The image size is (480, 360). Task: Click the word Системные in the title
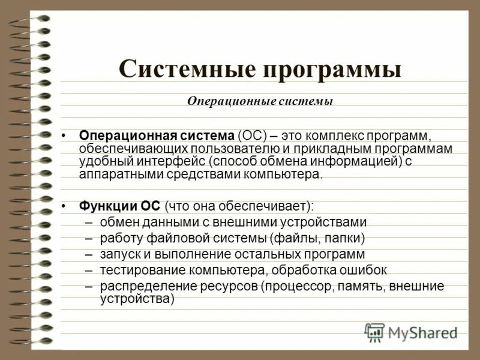click(186, 69)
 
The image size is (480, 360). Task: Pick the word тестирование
click(137, 270)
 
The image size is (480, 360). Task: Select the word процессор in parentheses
click(292, 286)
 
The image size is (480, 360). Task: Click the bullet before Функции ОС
click(65, 206)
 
